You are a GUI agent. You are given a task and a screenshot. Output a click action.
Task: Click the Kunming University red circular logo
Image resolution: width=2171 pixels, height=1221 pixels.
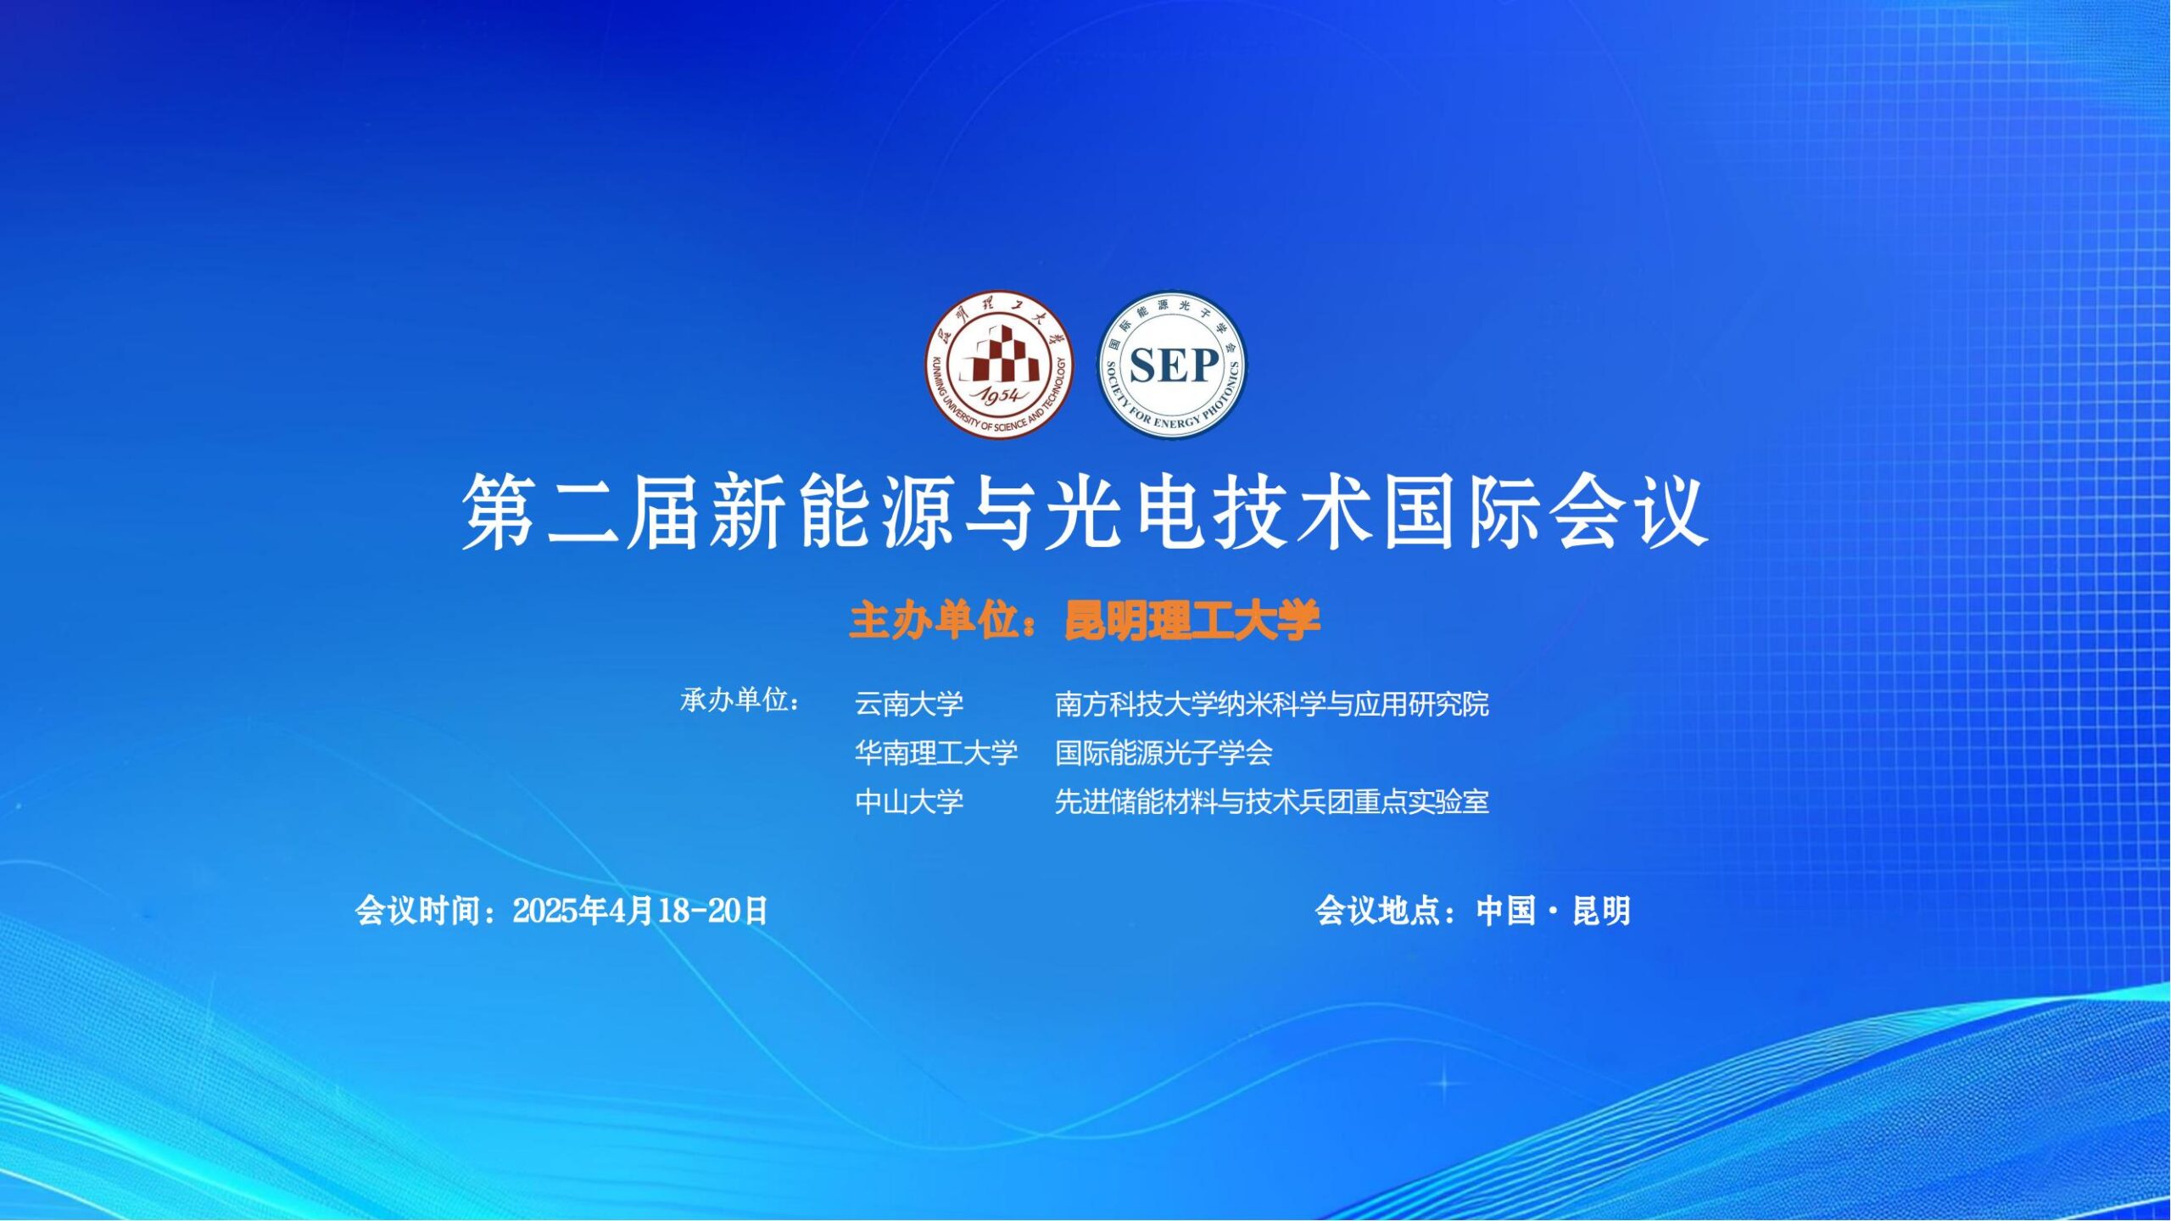pos(999,365)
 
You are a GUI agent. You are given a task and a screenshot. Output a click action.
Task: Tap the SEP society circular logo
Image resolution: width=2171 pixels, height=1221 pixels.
pos(1173,365)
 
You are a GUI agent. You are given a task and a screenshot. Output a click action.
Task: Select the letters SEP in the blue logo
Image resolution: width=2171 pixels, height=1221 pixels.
pos(1175,366)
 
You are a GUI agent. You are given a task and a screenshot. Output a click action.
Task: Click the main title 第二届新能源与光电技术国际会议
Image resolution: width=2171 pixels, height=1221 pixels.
pos(1085,511)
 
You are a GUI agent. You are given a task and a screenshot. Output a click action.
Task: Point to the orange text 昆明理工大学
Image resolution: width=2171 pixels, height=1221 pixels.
pos(1193,621)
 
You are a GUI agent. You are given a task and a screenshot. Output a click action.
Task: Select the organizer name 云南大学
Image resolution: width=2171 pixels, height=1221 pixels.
pos(909,704)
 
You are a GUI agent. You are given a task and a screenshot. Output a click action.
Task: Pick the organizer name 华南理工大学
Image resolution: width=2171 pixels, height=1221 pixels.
pos(936,753)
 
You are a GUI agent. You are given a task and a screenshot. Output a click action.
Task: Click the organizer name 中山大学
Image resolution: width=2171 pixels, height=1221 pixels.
pos(909,801)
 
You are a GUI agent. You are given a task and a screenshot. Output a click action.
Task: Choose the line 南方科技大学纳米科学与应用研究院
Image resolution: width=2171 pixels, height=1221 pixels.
pos(1272,704)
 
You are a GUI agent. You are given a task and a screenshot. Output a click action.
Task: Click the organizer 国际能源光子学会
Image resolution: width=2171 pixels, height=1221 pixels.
pos(1164,753)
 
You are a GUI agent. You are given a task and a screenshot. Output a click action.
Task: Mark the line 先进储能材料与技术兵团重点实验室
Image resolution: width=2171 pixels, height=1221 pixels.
pos(1272,801)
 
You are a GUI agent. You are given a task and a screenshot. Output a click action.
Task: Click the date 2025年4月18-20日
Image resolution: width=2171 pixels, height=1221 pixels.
pos(640,911)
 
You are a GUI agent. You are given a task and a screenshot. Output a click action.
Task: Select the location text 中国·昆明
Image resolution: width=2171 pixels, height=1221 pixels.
pos(1554,911)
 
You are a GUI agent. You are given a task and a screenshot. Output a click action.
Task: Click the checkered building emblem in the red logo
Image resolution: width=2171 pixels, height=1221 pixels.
pos(1000,354)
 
